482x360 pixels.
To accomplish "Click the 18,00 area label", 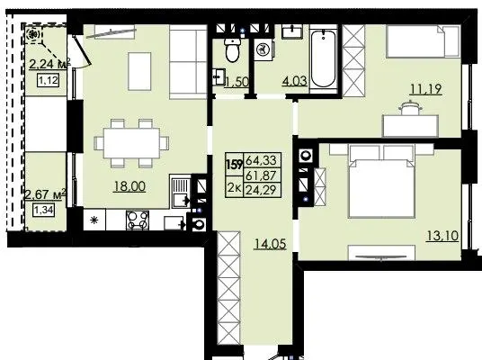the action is click(x=129, y=186).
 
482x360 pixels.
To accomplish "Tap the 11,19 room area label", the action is click(x=426, y=89).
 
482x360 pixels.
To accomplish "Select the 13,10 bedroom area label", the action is click(x=442, y=237).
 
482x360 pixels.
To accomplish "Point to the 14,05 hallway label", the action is click(x=270, y=244).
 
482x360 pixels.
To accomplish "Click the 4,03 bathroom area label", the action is click(x=295, y=81).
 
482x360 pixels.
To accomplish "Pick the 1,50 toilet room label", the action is click(x=237, y=82).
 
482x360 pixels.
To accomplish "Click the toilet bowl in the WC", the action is click(x=232, y=49).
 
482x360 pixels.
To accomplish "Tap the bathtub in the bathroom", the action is click(x=323, y=58).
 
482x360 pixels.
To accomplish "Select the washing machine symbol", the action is click(x=263, y=49).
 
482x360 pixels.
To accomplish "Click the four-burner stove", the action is click(x=138, y=220).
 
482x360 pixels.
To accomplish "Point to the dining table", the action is click(x=131, y=143).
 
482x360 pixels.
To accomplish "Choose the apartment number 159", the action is click(x=235, y=165).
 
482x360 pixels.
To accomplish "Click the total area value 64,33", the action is click(x=262, y=160).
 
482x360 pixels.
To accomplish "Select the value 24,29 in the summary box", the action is click(x=262, y=189).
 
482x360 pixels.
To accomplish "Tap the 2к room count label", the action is click(x=234, y=187).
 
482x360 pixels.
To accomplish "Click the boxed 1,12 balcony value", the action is click(x=49, y=81).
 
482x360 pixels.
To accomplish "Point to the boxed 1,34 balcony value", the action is click(x=44, y=211).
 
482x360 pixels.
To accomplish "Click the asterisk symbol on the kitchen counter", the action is click(x=94, y=220).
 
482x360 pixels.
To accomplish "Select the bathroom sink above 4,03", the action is click(x=292, y=31).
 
